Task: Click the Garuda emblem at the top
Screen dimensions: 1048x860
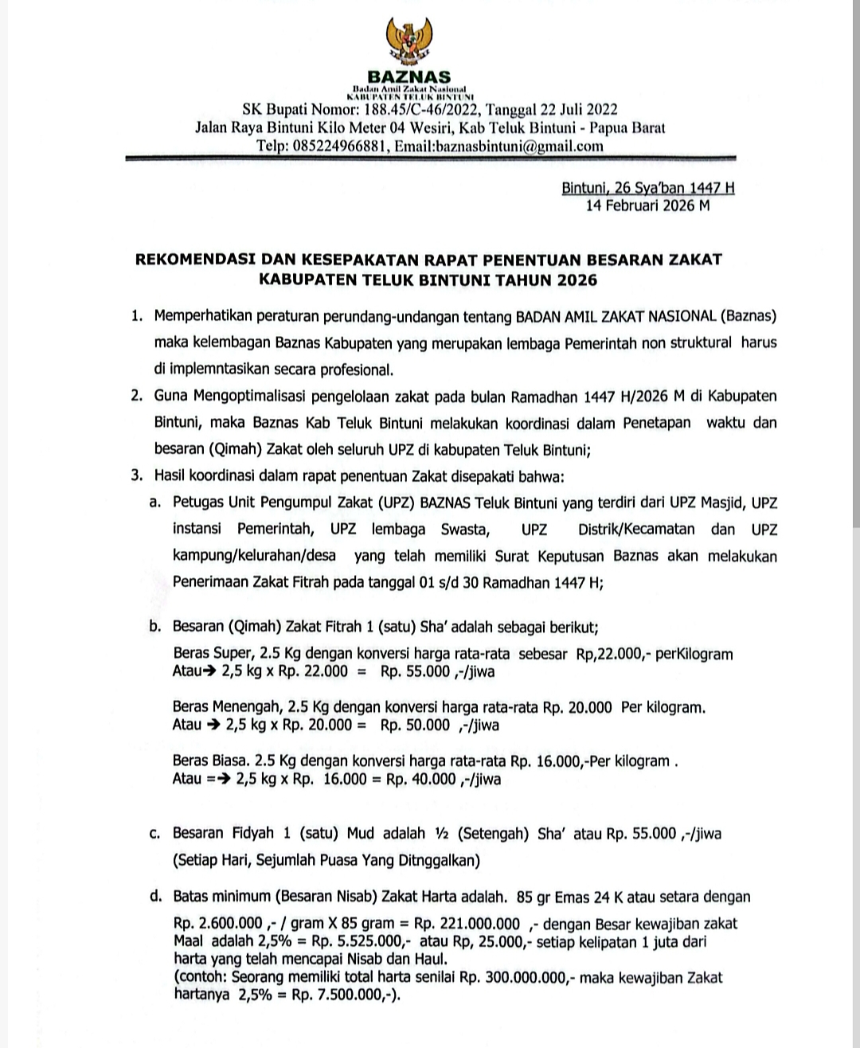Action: point(408,40)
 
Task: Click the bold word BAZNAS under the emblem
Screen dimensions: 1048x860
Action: point(409,77)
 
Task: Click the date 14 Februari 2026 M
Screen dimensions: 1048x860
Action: point(647,205)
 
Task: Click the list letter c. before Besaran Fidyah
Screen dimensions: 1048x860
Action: point(155,834)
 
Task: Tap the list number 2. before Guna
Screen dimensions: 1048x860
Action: point(138,396)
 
